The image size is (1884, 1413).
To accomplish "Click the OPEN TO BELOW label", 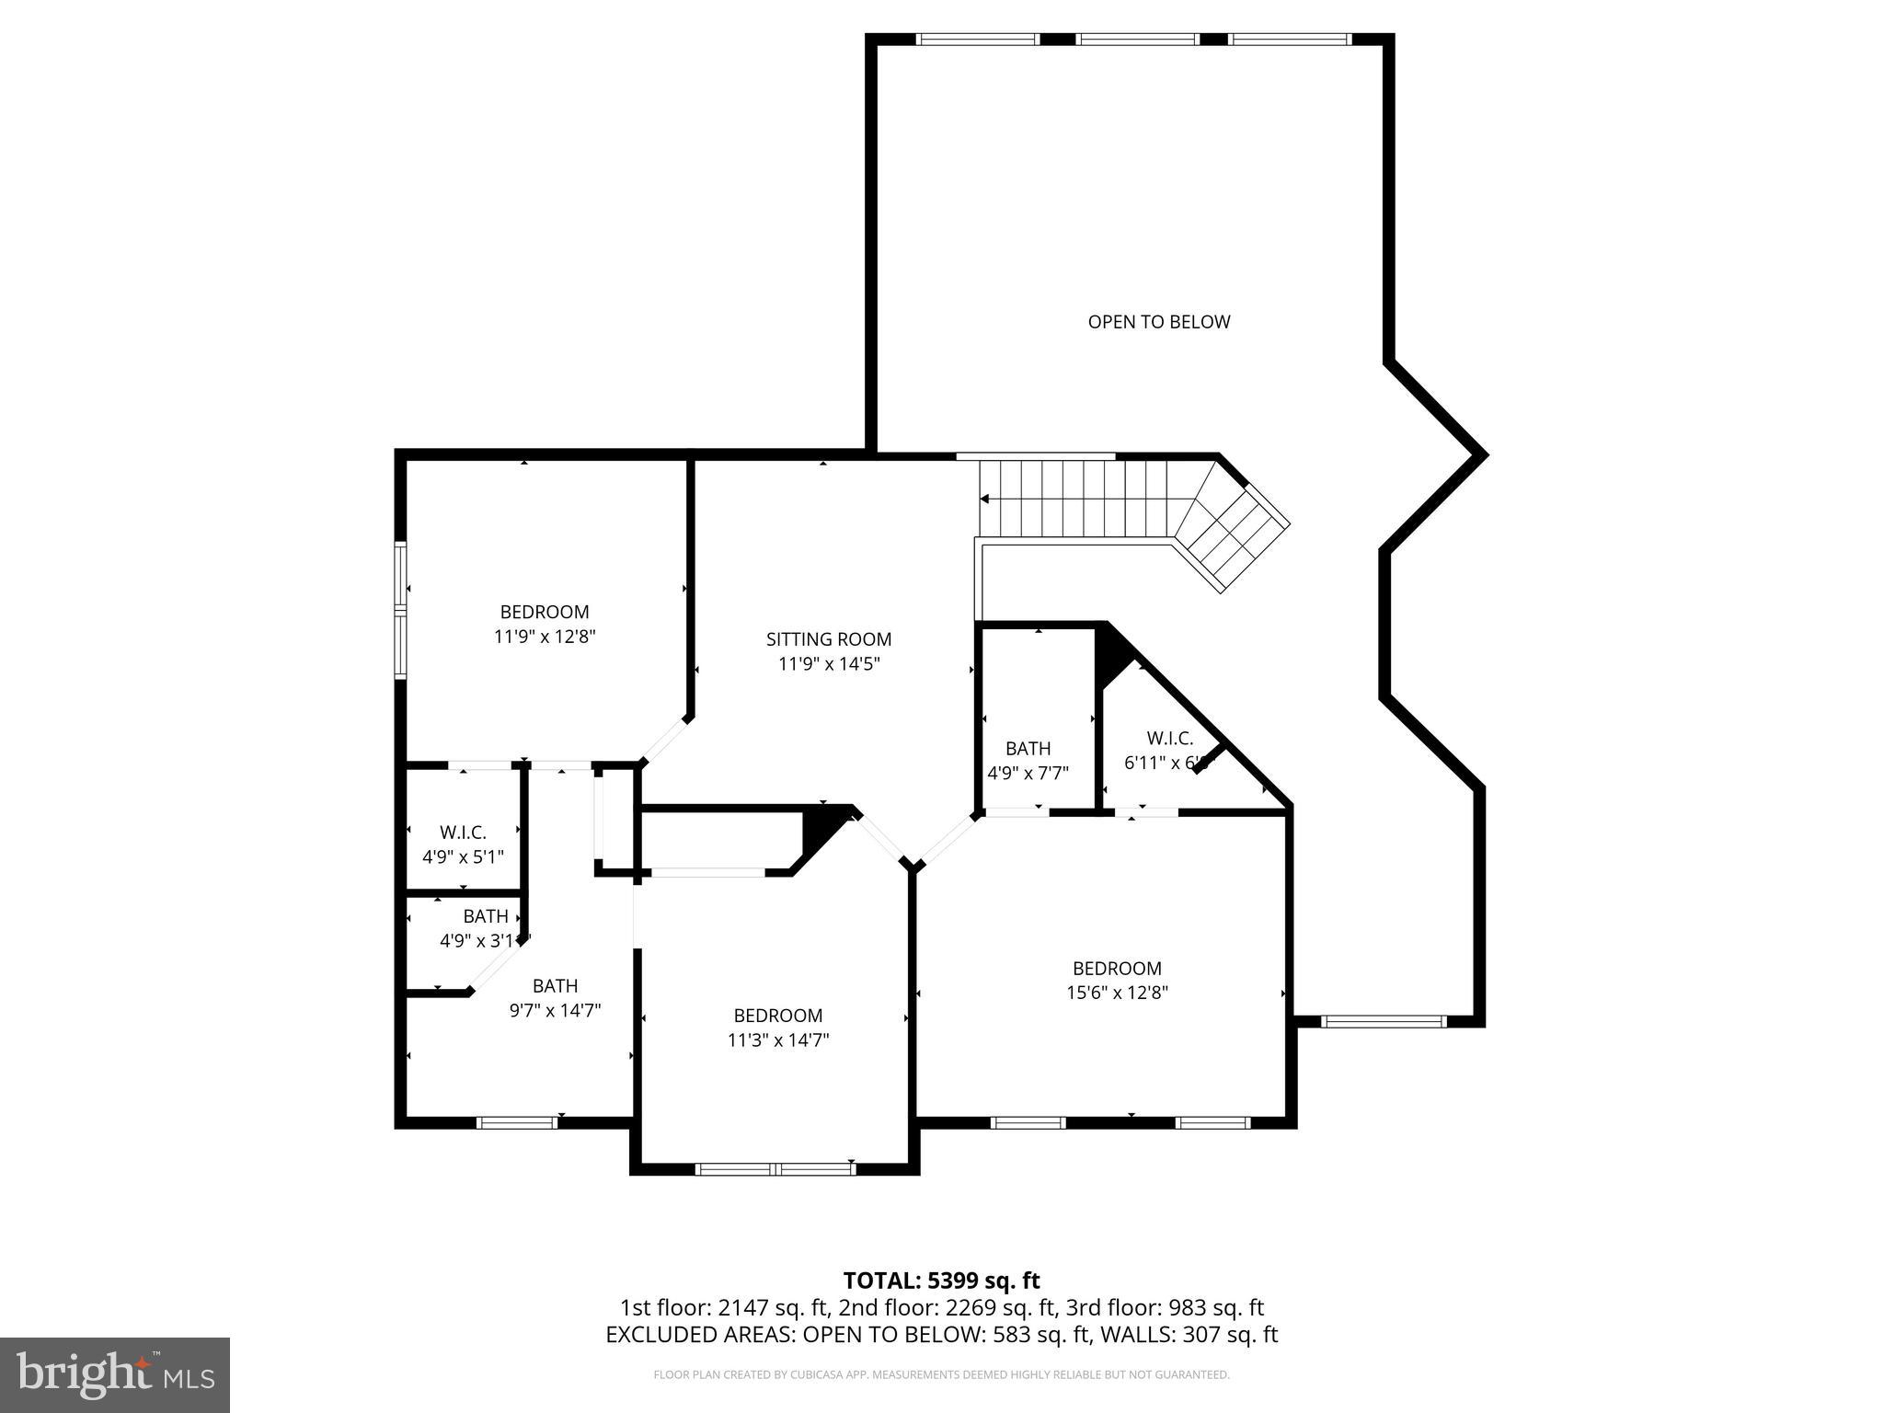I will coord(1158,322).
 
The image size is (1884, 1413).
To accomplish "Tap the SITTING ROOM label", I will coord(828,638).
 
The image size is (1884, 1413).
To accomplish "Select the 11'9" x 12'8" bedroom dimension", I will coord(545,636).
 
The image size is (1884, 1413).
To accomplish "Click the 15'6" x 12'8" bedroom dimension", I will coord(1117,993).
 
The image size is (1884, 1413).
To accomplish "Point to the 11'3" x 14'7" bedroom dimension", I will coord(777,1040).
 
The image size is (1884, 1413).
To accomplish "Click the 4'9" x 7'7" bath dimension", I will coord(1028,774).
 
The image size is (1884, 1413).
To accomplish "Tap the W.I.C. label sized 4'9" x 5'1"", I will coord(463,833).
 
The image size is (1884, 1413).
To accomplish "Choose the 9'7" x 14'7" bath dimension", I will coord(555,1010).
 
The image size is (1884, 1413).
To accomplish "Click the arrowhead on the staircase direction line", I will coord(984,499).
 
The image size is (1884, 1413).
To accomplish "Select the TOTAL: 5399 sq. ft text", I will coord(941,1281).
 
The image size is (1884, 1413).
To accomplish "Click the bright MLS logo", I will coord(115,1375).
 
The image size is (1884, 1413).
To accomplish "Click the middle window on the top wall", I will coord(1137,40).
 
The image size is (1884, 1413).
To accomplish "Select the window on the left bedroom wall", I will coord(400,610).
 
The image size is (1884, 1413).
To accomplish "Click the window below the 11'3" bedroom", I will coord(775,1169).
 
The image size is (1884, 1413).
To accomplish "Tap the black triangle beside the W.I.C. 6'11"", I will coord(1111,654).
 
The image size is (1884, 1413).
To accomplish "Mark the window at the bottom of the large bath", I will coord(517,1122).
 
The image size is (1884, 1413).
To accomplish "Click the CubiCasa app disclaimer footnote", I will coord(941,1375).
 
